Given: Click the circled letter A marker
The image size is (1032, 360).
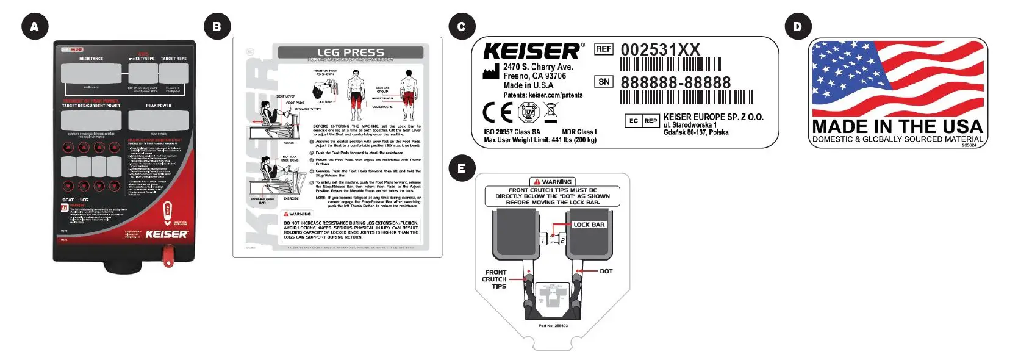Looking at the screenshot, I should pos(34,27).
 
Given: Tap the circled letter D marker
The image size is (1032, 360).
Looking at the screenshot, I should pos(798,27).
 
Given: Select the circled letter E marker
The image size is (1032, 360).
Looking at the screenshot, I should pos(461,168).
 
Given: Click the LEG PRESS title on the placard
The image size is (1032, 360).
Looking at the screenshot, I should pos(351,52).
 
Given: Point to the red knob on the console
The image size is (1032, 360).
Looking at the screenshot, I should pos(168,257).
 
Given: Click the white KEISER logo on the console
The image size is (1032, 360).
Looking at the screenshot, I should pos(167,234).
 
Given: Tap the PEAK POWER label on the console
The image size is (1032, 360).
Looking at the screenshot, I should pos(159,106).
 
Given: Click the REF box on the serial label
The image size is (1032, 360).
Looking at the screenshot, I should pos(603,49).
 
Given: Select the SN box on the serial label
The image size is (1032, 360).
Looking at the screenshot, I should pos(604,81).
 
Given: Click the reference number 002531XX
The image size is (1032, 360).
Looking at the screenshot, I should pos(661,49).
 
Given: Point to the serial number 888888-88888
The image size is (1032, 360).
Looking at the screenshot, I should pos(675,82).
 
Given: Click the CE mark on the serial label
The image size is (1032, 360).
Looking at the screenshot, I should pos(498,113).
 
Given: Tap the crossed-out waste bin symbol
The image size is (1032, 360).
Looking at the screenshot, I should pos(551,112).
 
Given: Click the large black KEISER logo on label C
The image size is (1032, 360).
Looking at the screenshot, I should pos(532,51).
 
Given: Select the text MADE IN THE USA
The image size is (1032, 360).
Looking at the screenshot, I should pos(897,127).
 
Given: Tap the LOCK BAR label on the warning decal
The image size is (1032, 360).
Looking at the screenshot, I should pos(589,225).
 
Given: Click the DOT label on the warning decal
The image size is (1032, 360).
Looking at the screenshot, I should pos(606,271).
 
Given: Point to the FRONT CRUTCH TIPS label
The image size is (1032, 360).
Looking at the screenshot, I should pos(495,279).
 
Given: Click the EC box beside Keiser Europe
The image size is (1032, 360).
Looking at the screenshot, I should pos(634,121).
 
